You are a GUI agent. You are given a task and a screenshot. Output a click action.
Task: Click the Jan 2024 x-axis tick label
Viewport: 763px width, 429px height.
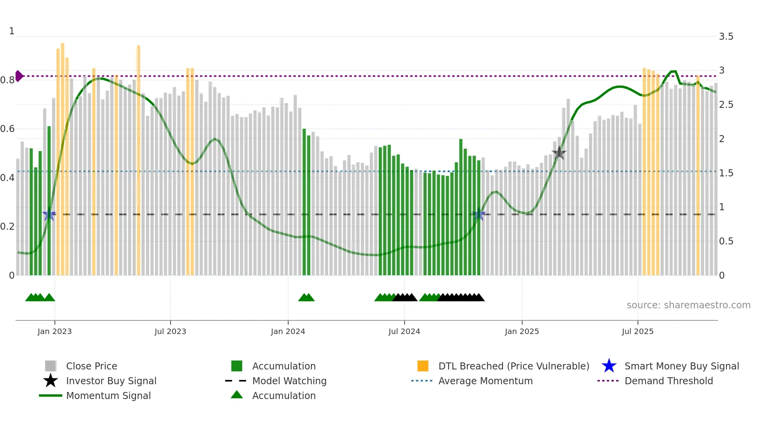[288, 331]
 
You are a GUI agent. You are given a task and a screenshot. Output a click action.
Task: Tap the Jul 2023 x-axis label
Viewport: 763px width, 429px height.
[170, 331]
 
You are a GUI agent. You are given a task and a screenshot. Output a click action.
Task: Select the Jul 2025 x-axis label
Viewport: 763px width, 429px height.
[637, 331]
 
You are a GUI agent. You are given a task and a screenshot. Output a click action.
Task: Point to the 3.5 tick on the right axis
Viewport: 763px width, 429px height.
[726, 37]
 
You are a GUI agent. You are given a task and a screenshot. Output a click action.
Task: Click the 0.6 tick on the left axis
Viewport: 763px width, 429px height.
[7, 129]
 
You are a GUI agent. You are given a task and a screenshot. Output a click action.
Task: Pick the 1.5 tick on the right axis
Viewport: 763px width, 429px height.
[726, 173]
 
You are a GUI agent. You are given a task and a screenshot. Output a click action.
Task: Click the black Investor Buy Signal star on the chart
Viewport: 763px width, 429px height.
[559, 153]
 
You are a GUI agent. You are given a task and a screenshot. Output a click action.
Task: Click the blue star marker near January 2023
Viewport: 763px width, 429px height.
[49, 214]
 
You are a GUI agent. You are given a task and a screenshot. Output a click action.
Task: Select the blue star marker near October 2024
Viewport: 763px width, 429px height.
[479, 214]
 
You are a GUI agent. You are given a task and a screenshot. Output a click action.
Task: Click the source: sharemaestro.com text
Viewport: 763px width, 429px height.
[688, 305]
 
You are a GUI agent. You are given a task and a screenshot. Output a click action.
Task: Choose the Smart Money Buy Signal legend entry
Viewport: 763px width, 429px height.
[681, 366]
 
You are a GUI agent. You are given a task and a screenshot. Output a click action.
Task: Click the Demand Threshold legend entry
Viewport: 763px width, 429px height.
[668, 381]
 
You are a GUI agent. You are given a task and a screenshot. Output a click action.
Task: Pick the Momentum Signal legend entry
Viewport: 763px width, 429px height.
[108, 396]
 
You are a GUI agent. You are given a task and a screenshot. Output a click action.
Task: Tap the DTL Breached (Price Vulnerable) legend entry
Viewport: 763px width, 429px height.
[513, 366]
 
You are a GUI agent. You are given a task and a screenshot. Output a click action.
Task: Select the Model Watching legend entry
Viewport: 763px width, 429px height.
[289, 381]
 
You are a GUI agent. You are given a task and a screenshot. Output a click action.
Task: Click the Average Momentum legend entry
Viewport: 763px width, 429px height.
[485, 381]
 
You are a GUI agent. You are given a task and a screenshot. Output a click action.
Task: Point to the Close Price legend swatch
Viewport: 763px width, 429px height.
[51, 366]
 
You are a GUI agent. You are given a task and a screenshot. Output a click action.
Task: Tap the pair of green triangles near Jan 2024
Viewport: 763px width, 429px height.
[306, 297]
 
